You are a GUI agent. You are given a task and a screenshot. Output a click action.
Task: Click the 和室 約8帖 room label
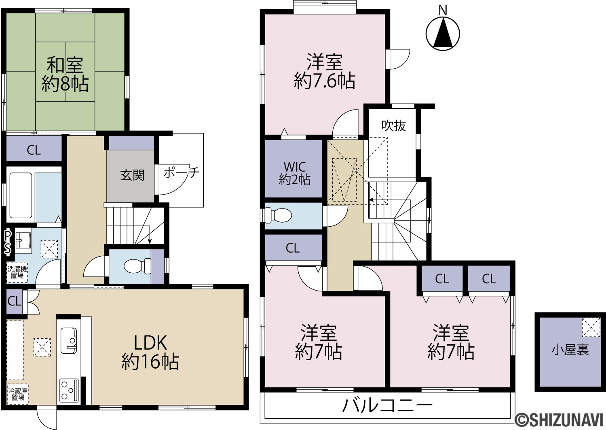click(x=65, y=74)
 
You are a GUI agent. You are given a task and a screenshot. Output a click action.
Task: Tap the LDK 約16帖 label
click(x=150, y=352)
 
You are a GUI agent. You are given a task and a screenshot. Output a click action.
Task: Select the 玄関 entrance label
click(x=132, y=175)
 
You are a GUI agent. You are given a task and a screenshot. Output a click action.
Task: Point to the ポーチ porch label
click(x=181, y=172)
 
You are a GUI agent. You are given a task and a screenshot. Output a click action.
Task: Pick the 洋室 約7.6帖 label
click(x=325, y=72)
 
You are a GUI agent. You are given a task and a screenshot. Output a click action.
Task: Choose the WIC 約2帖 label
click(x=295, y=173)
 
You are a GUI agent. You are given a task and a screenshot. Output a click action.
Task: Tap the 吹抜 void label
click(x=394, y=126)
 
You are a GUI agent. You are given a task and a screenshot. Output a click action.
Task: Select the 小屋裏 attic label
click(x=570, y=350)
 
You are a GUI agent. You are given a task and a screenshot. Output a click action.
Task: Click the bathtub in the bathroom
click(x=21, y=195)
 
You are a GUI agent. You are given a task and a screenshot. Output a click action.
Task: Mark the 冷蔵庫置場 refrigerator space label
click(x=17, y=394)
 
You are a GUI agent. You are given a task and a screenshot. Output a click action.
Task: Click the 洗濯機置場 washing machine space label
click(x=17, y=272)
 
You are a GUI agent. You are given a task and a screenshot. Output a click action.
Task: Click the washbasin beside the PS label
click(x=23, y=240)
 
